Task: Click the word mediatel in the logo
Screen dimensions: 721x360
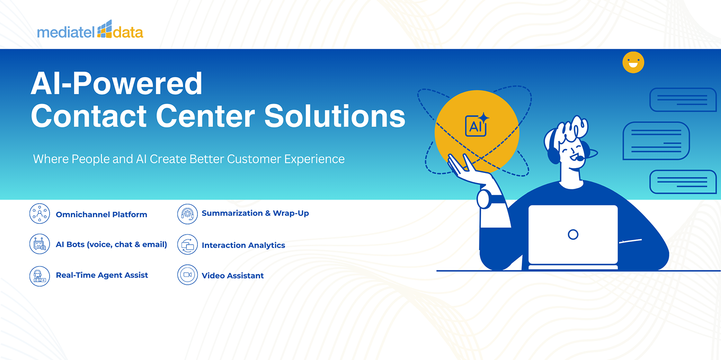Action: (66, 32)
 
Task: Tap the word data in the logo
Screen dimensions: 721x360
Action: (128, 32)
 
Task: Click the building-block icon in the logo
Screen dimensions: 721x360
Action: (105, 29)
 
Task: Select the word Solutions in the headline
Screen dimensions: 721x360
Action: (335, 116)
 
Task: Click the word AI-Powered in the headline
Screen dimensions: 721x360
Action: (116, 84)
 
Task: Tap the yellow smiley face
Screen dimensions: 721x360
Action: (633, 63)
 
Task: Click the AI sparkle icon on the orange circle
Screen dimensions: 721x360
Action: (477, 125)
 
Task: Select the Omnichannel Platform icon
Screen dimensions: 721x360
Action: (40, 213)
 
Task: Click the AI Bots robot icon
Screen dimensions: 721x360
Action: (40, 244)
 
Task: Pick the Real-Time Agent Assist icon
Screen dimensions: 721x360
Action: (40, 276)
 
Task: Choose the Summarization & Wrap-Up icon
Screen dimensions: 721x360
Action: (187, 214)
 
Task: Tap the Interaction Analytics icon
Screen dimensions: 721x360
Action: (187, 245)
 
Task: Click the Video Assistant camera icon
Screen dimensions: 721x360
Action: (187, 275)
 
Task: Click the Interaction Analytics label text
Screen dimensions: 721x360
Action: (243, 245)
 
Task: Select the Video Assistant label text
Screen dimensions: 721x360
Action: (233, 276)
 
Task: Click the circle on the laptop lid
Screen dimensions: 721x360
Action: (573, 235)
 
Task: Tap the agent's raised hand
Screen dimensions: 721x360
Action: (467, 169)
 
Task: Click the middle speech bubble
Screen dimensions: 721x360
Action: (656, 141)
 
